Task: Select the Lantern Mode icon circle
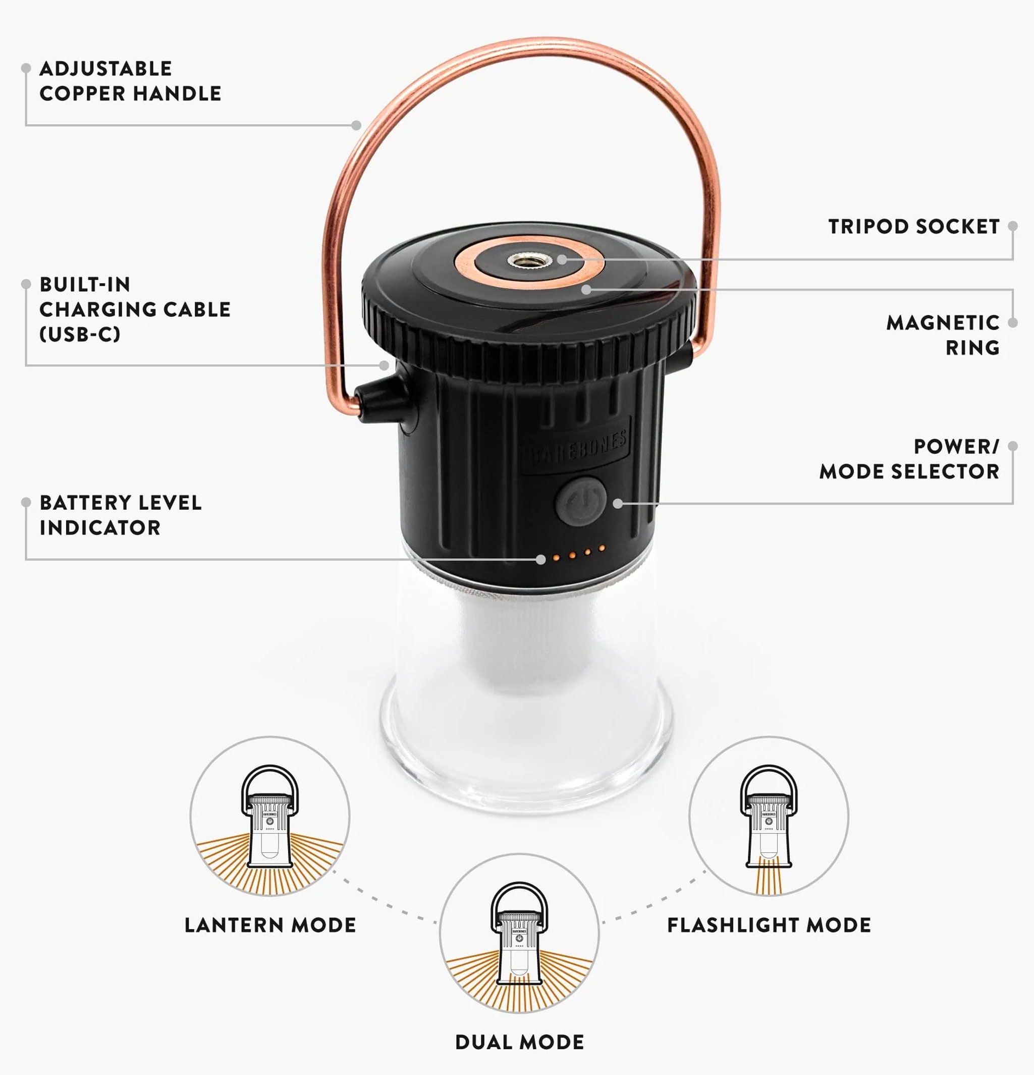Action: click(270, 816)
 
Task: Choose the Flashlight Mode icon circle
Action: click(769, 816)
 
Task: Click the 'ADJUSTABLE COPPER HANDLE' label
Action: click(130, 81)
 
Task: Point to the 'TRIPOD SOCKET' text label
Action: click(914, 227)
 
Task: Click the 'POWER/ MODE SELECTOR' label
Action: click(909, 459)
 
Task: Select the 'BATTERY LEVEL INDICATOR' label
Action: click(121, 515)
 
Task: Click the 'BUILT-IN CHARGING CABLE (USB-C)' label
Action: click(135, 309)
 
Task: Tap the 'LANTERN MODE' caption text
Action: click(270, 925)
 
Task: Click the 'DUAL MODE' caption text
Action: click(519, 1042)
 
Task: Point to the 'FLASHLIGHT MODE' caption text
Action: click(769, 925)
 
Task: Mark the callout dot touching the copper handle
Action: click(356, 125)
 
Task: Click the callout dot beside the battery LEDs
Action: click(541, 559)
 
